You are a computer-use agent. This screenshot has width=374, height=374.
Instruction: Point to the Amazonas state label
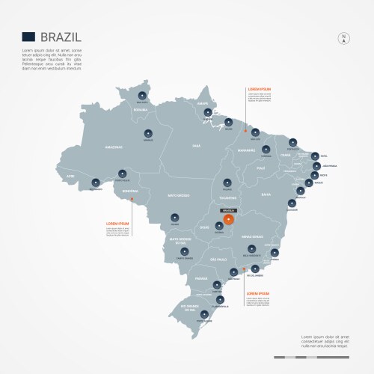tap(113, 148)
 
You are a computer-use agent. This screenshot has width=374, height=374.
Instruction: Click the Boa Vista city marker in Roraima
tap(141, 95)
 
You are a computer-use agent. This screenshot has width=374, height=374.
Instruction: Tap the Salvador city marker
tap(292, 203)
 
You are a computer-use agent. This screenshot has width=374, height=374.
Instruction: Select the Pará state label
tap(197, 145)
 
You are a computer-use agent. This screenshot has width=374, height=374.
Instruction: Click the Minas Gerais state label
tap(252, 236)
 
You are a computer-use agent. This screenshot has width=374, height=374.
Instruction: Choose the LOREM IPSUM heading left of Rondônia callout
tap(118, 223)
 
